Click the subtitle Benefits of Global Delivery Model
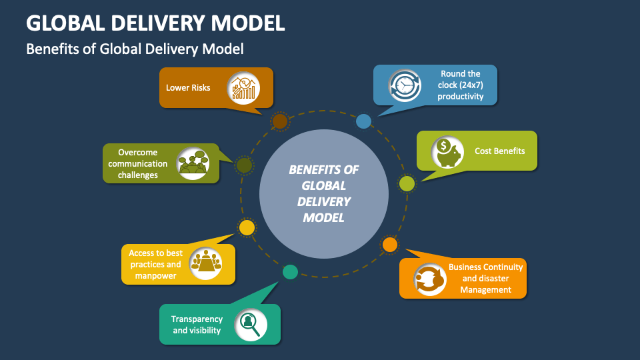pyautogui.click(x=135, y=49)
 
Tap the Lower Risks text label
pyautogui.click(x=188, y=87)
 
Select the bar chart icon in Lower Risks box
pyautogui.click(x=243, y=88)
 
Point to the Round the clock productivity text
pyautogui.click(x=460, y=85)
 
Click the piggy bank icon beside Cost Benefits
pyautogui.click(x=447, y=151)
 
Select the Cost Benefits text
pyautogui.click(x=499, y=151)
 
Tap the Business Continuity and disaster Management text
pyautogui.click(x=485, y=278)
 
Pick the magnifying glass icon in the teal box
pyautogui.click(x=251, y=324)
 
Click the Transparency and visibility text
pyautogui.click(x=197, y=325)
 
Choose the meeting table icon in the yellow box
pyautogui.click(x=205, y=264)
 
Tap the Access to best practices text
pyautogui.click(x=155, y=264)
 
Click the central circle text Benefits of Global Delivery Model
pyautogui.click(x=323, y=193)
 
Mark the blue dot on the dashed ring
pyautogui.click(x=363, y=121)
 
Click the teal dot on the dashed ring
pyautogui.click(x=290, y=272)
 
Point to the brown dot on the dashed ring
pyautogui.click(x=280, y=121)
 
